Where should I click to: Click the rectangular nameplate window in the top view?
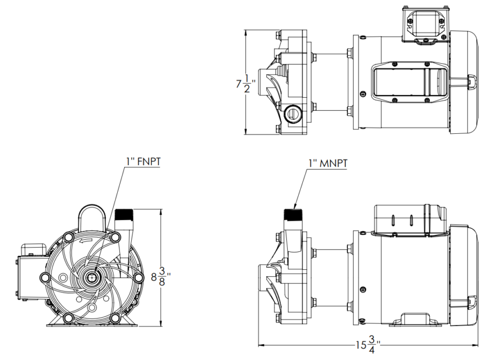(408, 81)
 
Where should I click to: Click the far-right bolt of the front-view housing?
(139, 277)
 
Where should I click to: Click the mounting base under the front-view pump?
(92, 322)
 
